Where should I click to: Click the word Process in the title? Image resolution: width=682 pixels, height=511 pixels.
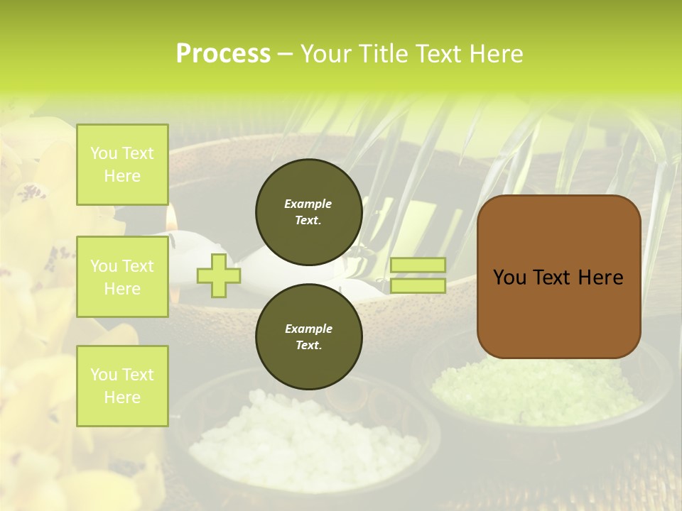223,54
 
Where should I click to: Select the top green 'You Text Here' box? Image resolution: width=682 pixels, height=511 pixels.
122,165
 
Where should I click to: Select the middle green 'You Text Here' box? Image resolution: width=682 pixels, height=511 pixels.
122,277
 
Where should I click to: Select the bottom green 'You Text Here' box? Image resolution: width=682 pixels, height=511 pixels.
122,385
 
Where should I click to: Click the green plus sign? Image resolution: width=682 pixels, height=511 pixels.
218,275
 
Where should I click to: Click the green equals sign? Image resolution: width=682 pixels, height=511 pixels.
418,275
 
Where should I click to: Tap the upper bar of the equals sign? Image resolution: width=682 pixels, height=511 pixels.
418,265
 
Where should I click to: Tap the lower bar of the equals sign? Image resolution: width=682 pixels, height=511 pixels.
418,286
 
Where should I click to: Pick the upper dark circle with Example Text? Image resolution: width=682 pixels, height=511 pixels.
308,211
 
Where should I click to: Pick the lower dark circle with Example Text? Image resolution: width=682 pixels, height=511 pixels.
308,336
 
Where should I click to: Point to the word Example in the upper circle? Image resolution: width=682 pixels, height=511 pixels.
308,204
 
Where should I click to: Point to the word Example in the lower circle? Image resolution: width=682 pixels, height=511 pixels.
308,329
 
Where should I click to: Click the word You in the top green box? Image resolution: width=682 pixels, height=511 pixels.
104,153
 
